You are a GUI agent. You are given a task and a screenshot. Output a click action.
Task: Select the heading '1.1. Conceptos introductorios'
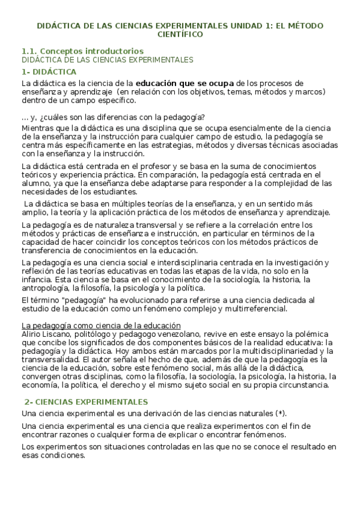point(82,51)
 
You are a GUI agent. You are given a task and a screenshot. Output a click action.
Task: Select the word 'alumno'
point(35,183)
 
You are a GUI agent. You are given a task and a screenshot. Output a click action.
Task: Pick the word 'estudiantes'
point(116,192)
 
